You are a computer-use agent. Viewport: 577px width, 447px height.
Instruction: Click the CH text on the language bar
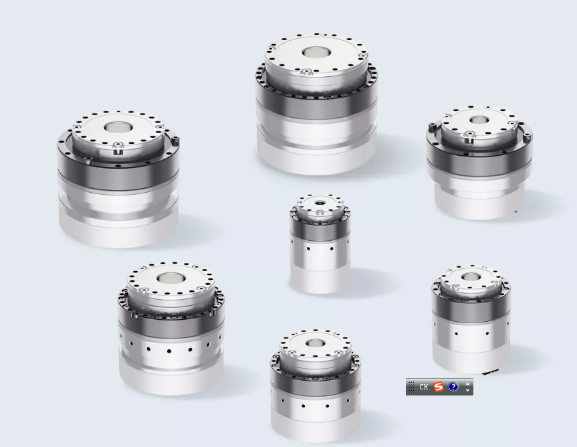(x=424, y=387)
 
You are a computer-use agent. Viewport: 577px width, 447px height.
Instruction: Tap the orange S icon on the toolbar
(x=439, y=387)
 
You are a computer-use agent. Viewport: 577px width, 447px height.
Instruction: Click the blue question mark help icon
(x=453, y=387)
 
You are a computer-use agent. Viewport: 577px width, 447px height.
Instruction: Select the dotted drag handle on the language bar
(x=411, y=387)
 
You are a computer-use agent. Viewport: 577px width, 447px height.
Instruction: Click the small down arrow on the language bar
(x=468, y=390)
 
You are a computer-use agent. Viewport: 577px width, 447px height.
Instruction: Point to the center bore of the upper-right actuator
(x=478, y=120)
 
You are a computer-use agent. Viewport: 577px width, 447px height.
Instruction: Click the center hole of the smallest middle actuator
(x=320, y=203)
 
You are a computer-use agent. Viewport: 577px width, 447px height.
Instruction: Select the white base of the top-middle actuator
(x=317, y=151)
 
